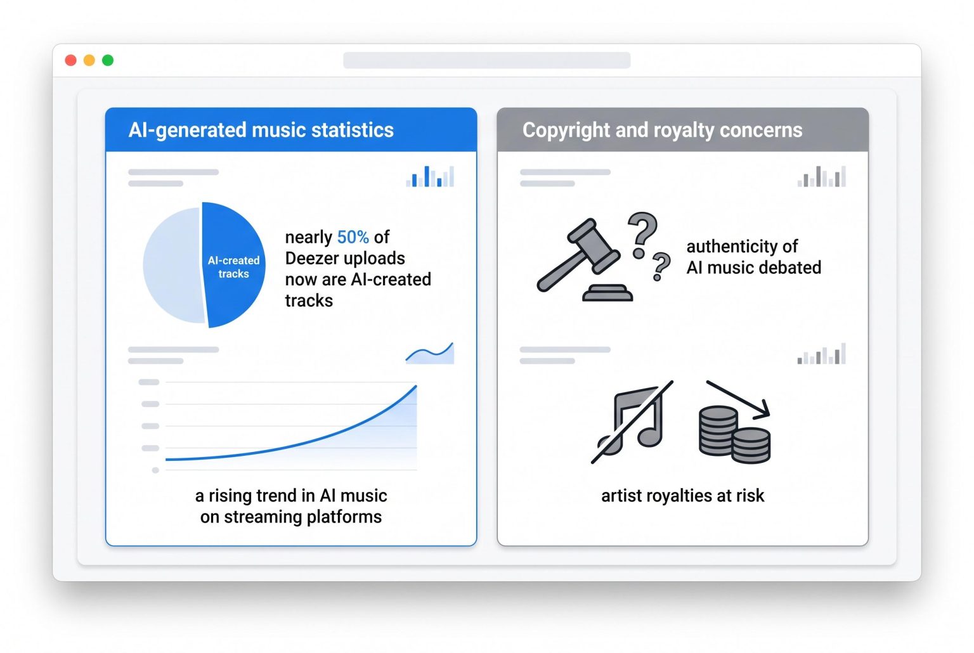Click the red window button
pos(70,60)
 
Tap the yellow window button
pos(89,60)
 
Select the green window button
pos(108,60)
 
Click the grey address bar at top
pos(486,60)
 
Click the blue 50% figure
pos(353,237)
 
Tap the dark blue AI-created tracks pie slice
pos(234,264)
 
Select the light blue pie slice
pos(174,265)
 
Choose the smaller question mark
pos(661,266)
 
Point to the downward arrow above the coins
pos(738,399)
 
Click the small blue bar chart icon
pos(430,176)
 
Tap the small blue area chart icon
pos(430,352)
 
